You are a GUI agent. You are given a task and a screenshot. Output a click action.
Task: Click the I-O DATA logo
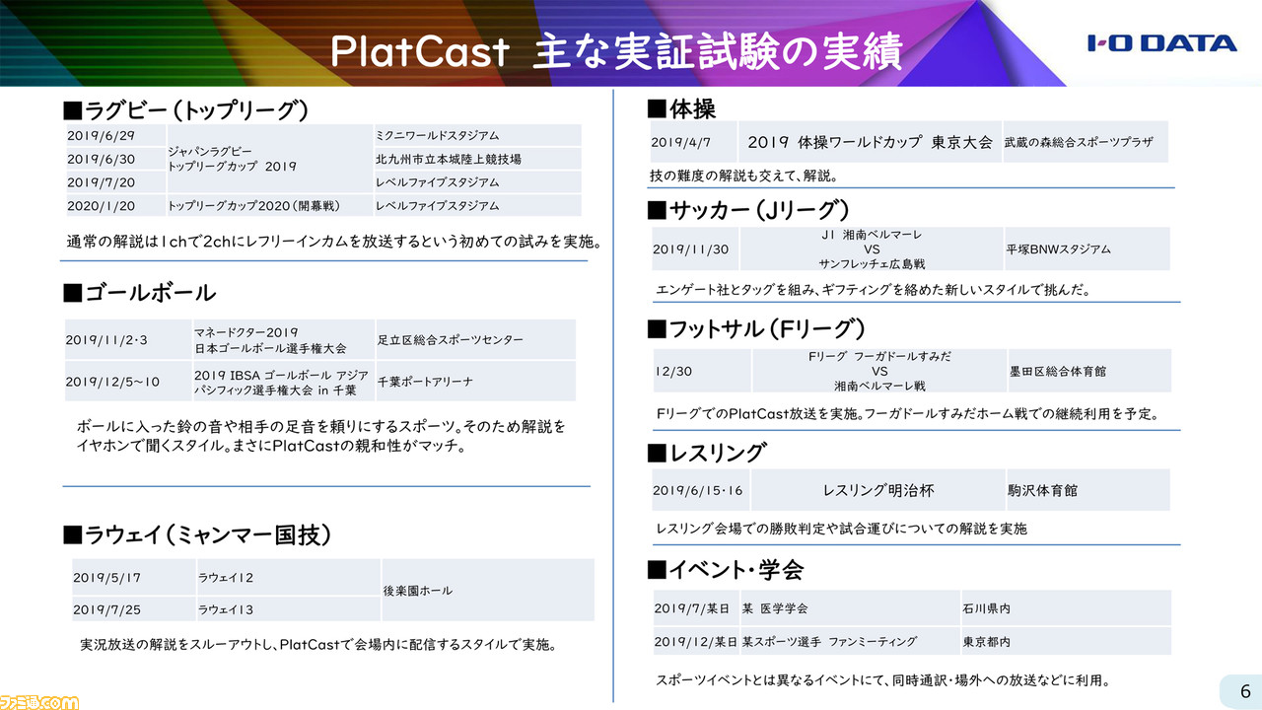(x=1161, y=43)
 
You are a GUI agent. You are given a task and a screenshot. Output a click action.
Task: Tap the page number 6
(x=1245, y=691)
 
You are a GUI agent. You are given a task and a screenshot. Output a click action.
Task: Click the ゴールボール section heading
(x=140, y=293)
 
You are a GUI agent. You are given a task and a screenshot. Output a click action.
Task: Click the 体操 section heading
(x=681, y=108)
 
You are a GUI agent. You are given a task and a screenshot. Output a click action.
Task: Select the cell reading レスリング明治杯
(x=878, y=491)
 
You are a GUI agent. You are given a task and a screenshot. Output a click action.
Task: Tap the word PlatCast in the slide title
(x=420, y=52)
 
